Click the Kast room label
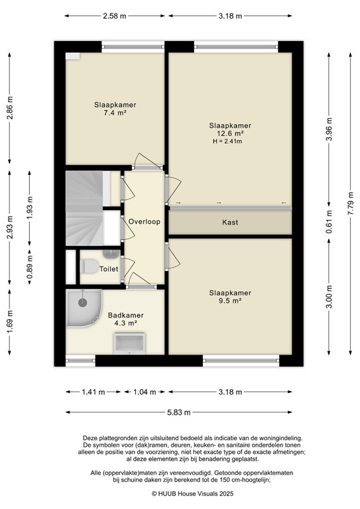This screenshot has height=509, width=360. coord(230,223)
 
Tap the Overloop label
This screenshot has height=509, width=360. coord(144,221)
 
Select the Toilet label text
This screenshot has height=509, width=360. coord(109,269)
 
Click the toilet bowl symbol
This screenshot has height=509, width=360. coord(89,266)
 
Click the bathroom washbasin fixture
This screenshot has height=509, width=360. coord(129,343)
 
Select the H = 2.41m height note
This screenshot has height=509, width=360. coord(227,141)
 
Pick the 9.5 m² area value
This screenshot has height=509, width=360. coord(230,301)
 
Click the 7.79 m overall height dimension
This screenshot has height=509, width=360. coord(351,207)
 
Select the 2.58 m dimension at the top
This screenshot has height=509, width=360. coord(114,16)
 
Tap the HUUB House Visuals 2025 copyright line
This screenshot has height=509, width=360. coord(192,493)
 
